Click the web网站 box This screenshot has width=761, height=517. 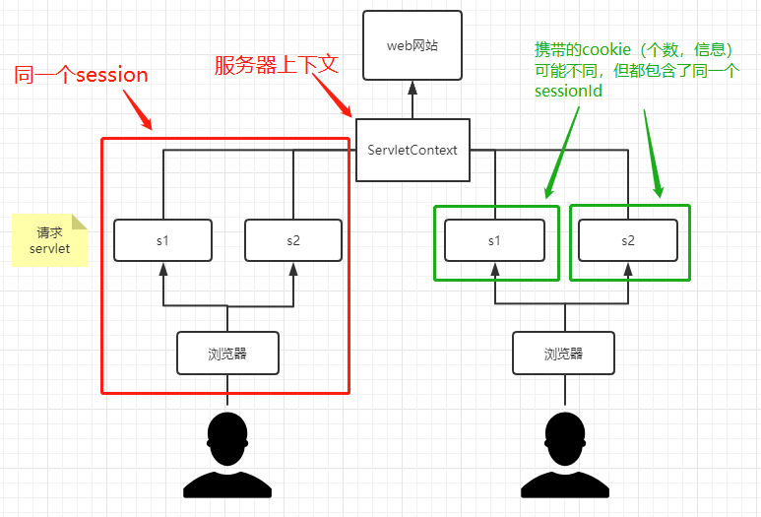[412, 45]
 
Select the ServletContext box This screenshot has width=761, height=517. [412, 150]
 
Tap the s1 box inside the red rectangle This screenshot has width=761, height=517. [162, 240]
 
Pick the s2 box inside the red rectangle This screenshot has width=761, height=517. [293, 240]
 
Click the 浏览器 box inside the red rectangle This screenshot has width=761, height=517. [227, 354]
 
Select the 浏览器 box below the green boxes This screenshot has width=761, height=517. [563, 354]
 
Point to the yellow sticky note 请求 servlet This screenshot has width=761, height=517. [49, 241]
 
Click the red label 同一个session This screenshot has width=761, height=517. [81, 76]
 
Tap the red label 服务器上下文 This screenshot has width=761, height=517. [277, 66]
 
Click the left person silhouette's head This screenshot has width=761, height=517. [227, 438]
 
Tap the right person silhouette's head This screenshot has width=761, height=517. [564, 438]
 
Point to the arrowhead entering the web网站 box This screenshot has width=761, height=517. [412, 87]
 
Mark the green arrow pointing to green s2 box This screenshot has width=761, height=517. [653, 153]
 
